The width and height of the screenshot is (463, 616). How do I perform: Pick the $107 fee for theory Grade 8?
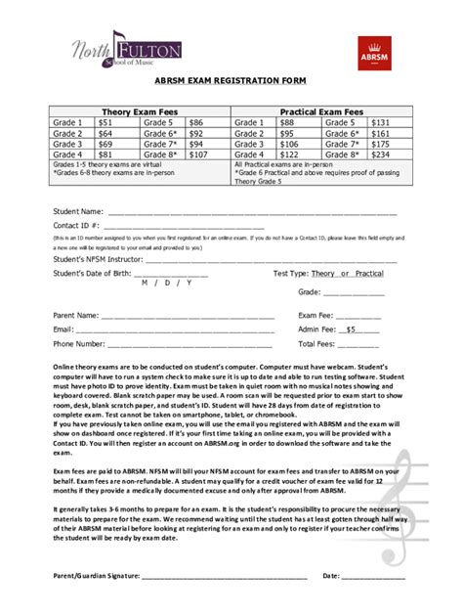click(x=198, y=154)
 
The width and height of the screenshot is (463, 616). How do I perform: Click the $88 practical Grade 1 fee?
click(x=287, y=123)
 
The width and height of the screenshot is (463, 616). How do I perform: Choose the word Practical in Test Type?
click(x=368, y=273)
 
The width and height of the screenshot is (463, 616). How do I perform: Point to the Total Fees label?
click(x=317, y=344)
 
